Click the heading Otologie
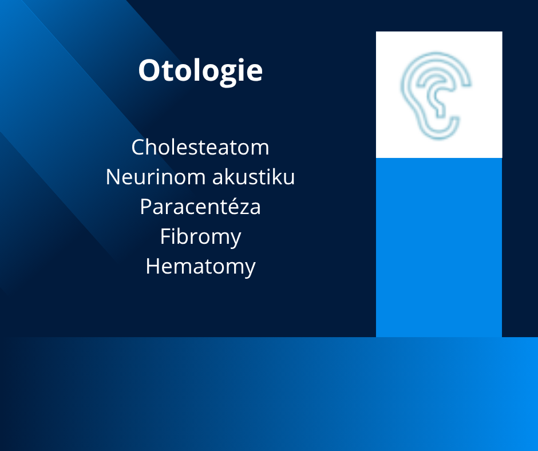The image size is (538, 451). click(200, 71)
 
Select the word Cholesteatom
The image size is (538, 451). click(200, 147)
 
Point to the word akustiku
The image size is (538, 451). click(254, 177)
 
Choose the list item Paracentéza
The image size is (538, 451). click(200, 207)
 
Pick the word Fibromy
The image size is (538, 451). click(201, 237)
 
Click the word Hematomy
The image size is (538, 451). click(201, 267)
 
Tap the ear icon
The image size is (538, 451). click(436, 96)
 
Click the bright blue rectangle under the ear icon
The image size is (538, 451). click(439, 247)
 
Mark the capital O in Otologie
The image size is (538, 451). click(149, 71)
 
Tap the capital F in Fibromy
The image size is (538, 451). click(165, 236)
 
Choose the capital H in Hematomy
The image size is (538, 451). click(153, 266)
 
